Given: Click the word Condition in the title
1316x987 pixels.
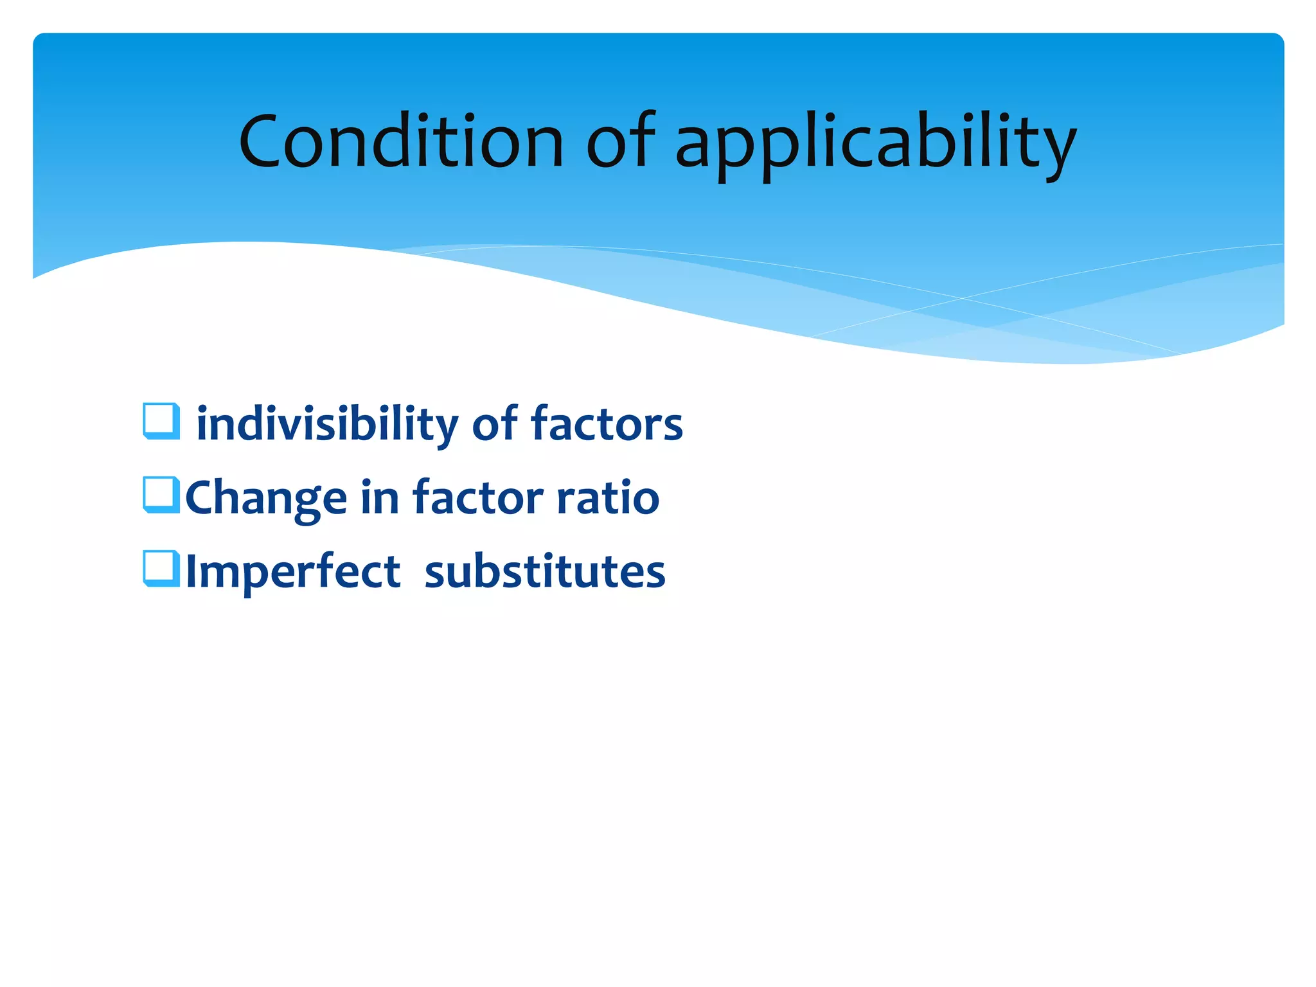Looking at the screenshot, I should pos(401,141).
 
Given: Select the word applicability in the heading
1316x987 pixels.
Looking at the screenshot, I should pos(875,145).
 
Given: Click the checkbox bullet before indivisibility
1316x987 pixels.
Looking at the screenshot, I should pos(161,422).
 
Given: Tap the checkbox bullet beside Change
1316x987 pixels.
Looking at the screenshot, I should pos(161,495).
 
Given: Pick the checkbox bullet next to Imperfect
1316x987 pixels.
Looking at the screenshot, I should pos(161,569).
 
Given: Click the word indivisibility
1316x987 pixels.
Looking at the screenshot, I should pos(327,425).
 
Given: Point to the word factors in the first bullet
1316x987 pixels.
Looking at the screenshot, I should pos(607,424).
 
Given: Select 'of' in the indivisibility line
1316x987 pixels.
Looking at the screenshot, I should pos(495,424).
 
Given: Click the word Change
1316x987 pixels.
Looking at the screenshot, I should pos(266,499).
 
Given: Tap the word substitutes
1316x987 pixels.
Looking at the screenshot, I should pos(545,571).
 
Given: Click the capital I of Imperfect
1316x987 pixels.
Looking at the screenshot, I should pos(190,571).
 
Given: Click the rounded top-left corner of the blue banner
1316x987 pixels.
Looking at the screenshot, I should pos(40,40).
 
